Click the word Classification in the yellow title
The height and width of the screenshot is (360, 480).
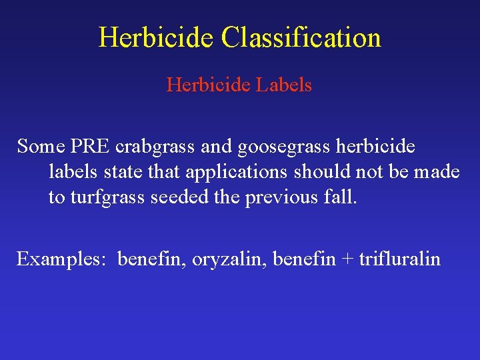click(301, 37)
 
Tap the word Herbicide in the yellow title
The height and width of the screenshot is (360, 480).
click(157, 37)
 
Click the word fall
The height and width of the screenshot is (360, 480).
click(342, 197)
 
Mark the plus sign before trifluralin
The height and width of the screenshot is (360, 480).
click(347, 259)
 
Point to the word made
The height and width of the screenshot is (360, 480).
click(437, 172)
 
